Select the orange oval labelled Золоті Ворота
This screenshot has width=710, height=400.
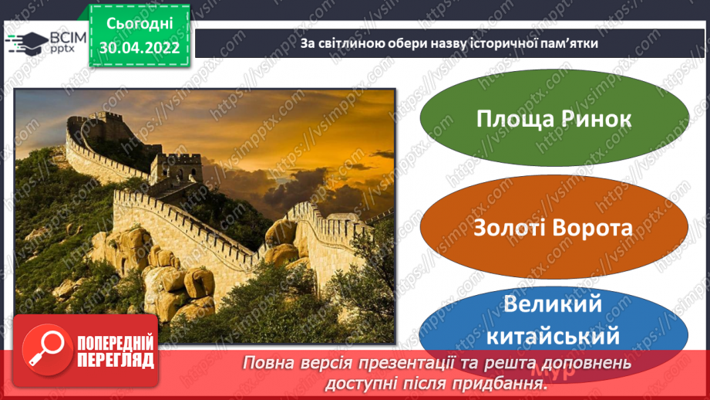(x=554, y=229)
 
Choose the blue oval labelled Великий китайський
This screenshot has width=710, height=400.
(x=554, y=321)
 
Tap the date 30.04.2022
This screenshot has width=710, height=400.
(x=140, y=46)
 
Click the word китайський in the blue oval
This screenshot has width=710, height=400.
(x=553, y=336)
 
